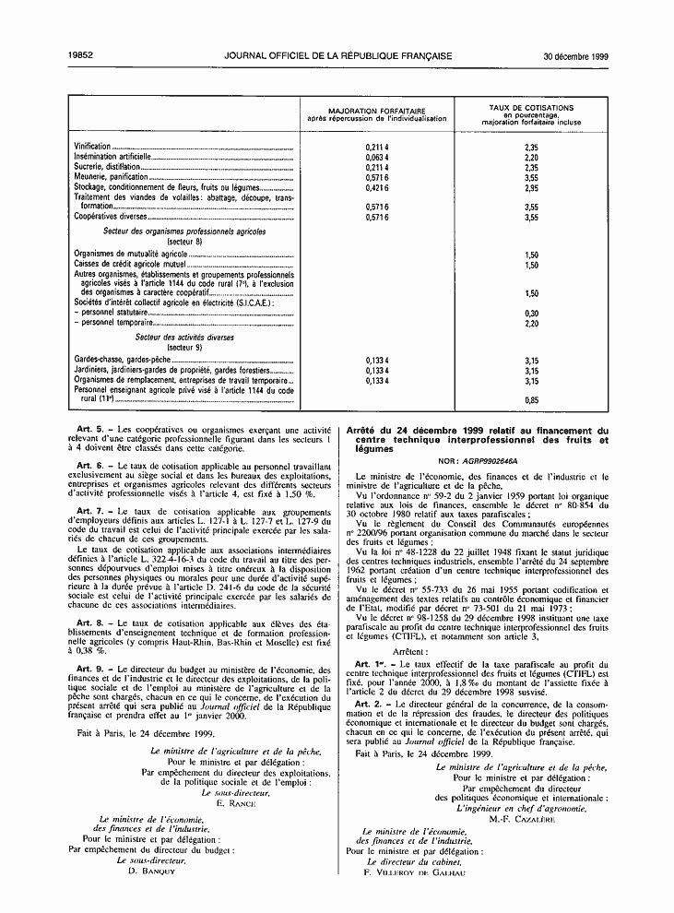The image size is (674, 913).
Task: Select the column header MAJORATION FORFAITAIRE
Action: click(x=376, y=110)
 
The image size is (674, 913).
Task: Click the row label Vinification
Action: click(x=92, y=148)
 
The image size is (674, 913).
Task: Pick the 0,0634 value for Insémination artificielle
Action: click(x=376, y=158)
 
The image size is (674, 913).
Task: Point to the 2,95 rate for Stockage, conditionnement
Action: click(x=530, y=188)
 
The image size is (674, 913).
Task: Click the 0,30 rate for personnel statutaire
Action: click(x=530, y=314)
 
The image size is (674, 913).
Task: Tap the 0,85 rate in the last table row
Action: click(x=530, y=400)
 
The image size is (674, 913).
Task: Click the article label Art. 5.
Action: click(x=89, y=430)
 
